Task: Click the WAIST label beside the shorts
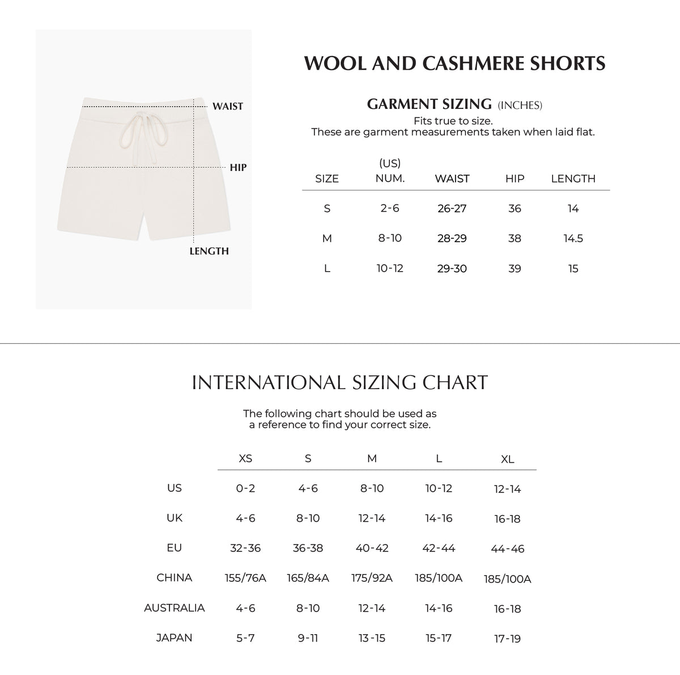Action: click(227, 106)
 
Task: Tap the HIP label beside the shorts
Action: click(238, 167)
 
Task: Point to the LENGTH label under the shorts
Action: click(209, 251)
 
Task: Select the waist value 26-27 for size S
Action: click(452, 208)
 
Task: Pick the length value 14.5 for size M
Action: click(573, 238)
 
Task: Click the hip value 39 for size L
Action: click(515, 268)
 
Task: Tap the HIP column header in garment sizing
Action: click(515, 179)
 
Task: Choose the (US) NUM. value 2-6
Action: click(390, 208)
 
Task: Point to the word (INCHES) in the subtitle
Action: click(520, 105)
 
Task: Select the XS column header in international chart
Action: click(245, 458)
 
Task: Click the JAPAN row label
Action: click(174, 638)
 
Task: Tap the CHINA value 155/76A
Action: click(245, 578)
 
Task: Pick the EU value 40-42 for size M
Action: click(372, 548)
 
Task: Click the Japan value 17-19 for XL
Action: click(507, 639)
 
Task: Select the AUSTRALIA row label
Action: click(174, 607)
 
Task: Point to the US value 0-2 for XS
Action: click(245, 488)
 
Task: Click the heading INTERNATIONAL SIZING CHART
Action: click(340, 382)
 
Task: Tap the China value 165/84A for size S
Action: click(308, 578)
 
